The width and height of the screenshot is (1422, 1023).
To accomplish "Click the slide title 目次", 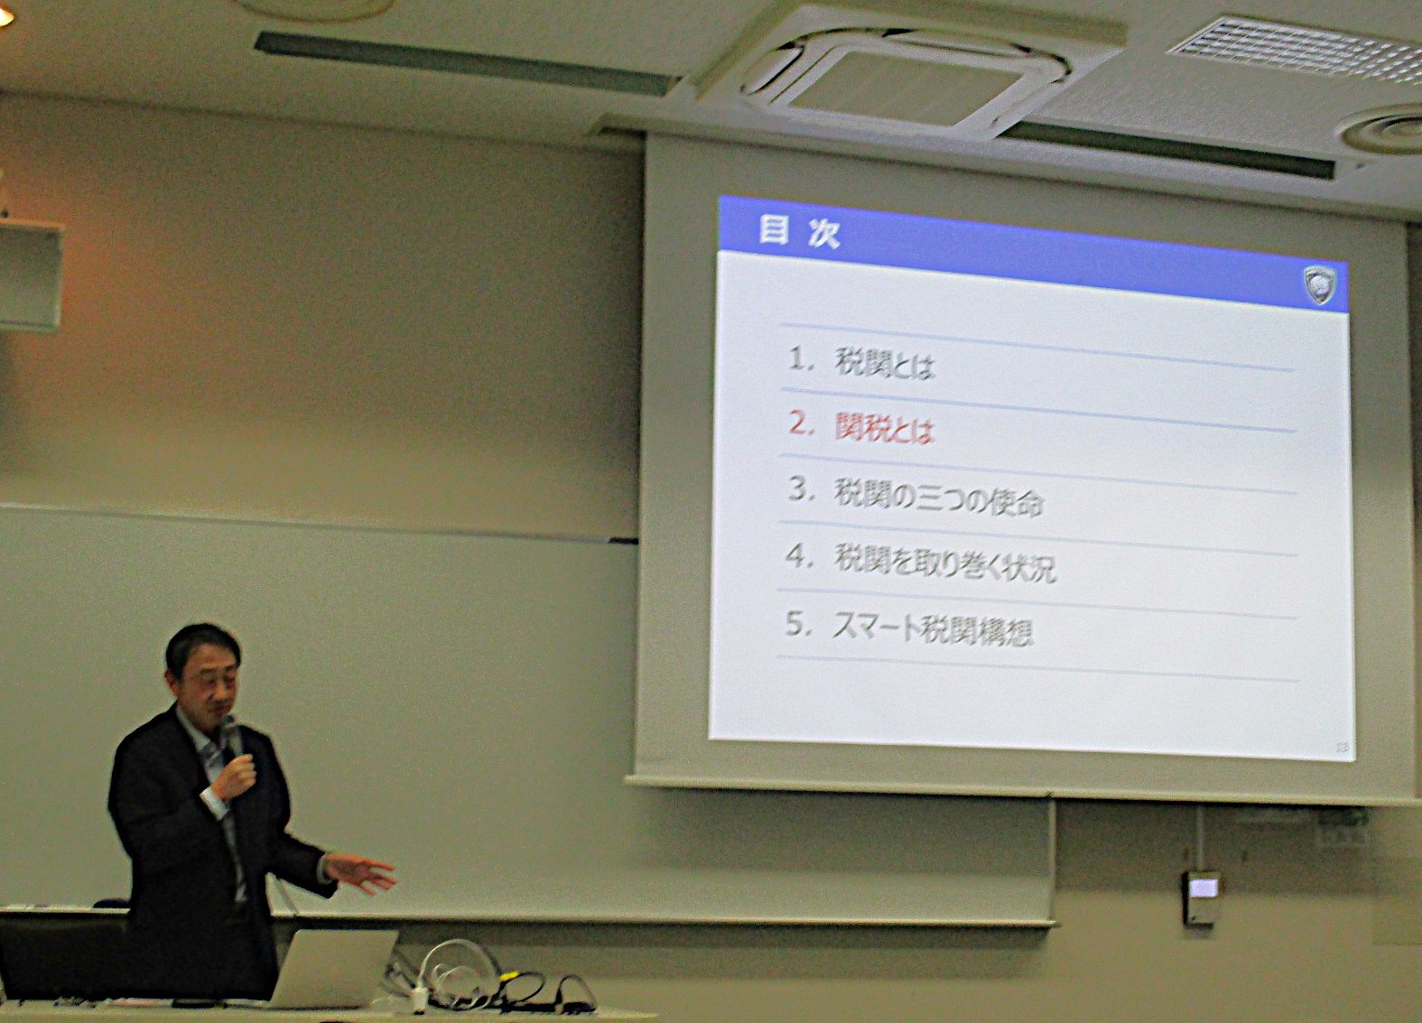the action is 799,232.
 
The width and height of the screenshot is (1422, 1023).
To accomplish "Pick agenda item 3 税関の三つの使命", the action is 938,498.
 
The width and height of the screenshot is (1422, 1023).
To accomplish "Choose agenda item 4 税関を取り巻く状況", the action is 944,563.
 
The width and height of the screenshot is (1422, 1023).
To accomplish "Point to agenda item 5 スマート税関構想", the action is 933,630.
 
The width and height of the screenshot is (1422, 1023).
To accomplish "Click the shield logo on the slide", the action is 1320,284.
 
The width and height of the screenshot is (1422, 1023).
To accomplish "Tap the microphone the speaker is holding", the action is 232,738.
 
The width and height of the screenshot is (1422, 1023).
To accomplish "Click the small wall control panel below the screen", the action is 1200,897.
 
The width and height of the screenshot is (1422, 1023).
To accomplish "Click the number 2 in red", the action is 801,423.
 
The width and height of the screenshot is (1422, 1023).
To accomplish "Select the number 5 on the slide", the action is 796,624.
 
